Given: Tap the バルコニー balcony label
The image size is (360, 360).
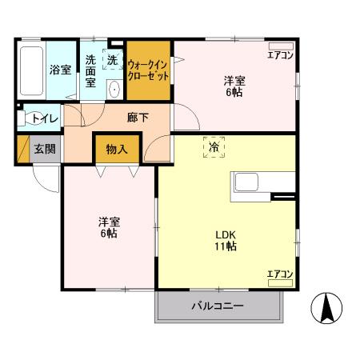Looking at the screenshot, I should coord(217,306).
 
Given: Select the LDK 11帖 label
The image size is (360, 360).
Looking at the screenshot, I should coord(225,240).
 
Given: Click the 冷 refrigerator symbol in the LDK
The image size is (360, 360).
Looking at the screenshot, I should coord(214,148).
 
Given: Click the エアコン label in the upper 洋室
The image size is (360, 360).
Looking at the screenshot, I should coord(279,55).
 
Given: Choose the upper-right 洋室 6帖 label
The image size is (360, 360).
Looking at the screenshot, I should coord(234,86).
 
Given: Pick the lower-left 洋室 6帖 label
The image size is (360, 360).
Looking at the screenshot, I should coord(110,226).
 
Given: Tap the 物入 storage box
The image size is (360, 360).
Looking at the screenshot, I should coord(118,149).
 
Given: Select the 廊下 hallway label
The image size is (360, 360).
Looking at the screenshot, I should coord(137,117).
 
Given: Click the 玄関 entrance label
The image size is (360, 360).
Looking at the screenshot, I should coord(43,150).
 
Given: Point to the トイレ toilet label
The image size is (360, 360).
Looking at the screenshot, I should coord(41,119).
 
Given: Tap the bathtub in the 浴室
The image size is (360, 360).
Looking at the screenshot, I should coord(31,70).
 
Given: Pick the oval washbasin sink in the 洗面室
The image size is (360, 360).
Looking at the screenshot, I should coord(114,89).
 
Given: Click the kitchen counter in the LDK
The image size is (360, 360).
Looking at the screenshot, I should coord(254,185).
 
